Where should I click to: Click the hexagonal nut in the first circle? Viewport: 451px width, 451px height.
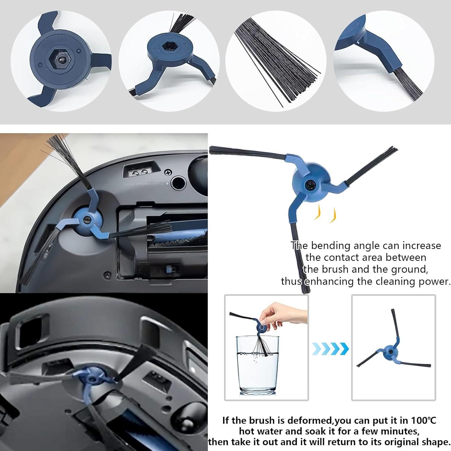[x=62, y=60]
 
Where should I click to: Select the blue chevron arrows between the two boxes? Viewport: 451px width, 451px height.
[x=330, y=349]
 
